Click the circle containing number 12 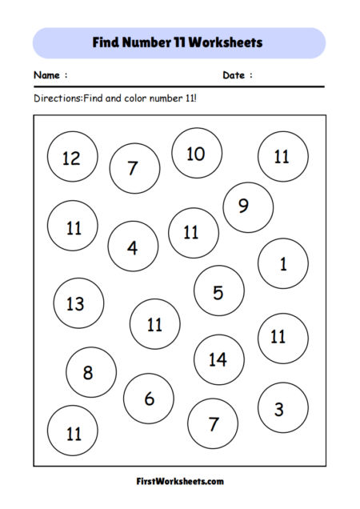click(72, 157)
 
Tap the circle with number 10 click(196, 153)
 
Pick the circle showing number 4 click(133, 246)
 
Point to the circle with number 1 click(282, 263)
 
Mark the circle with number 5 click(218, 292)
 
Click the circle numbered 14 click(218, 359)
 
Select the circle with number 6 click(149, 399)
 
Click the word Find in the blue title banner click(107, 42)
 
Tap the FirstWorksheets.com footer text click(180, 482)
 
